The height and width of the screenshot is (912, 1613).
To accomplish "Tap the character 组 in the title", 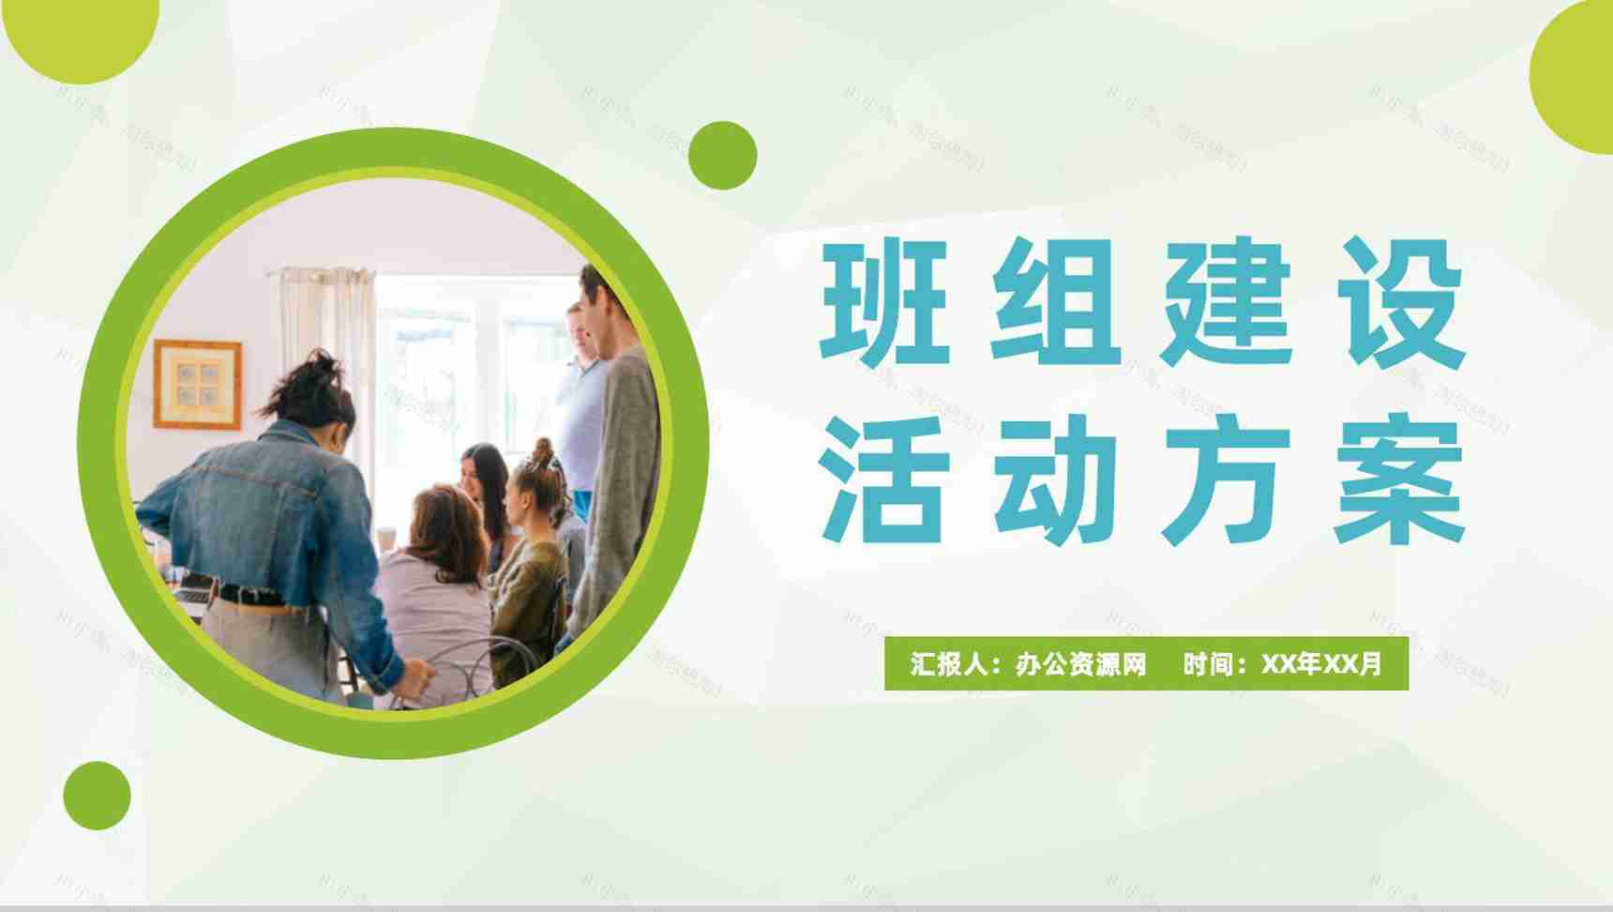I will pos(1055,302).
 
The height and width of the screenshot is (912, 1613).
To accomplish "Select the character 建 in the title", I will pos(1226,302).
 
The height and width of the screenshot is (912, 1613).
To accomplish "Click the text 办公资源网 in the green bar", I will pos(1080,664).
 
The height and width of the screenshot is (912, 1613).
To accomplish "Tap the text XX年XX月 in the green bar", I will pos(1321,664).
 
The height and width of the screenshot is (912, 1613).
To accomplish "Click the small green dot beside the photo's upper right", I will pos(722,155).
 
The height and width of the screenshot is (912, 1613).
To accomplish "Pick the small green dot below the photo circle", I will pos(97,796).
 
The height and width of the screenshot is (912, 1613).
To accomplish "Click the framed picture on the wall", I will pos(197,385).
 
